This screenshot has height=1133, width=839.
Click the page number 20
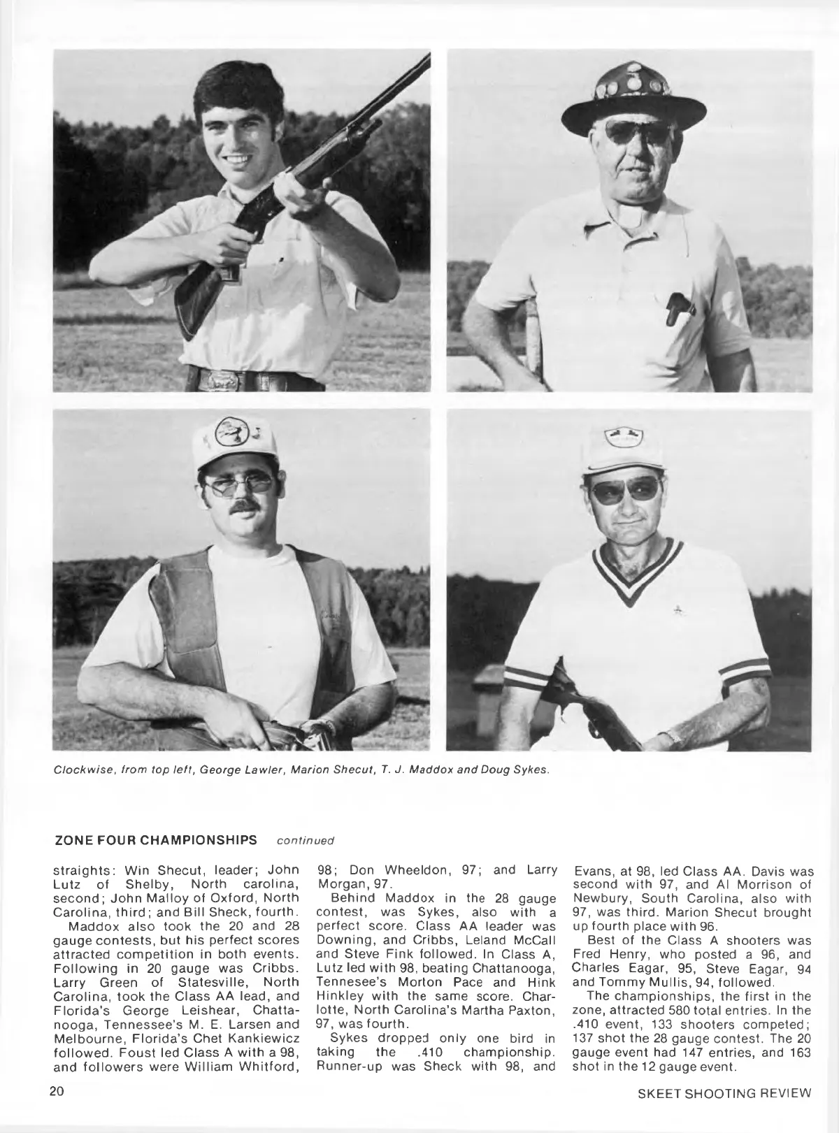57,1093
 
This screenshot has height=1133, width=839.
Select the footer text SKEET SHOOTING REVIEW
725,1094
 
